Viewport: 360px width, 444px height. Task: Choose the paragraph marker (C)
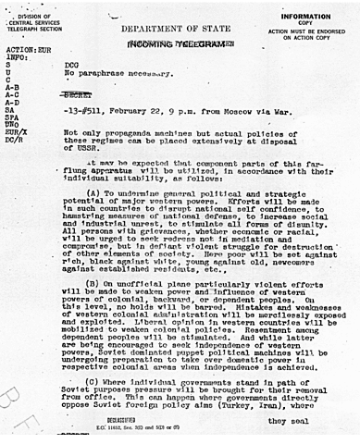(119, 380)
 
